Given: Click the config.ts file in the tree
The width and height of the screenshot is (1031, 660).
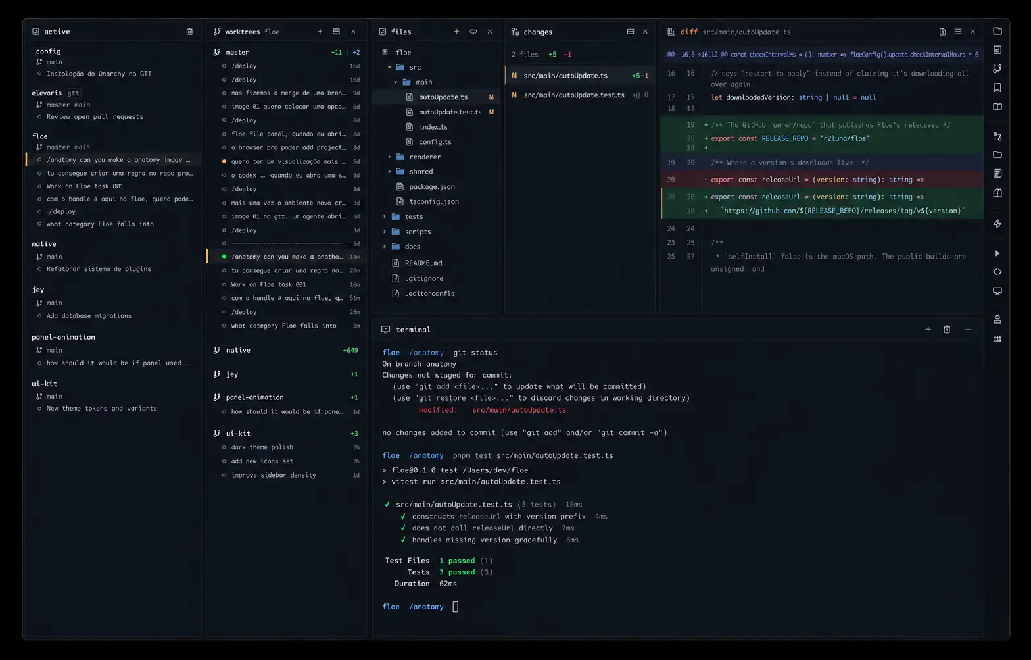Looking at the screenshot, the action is (x=435, y=142).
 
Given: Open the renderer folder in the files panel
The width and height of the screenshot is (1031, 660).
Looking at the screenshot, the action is (x=424, y=157).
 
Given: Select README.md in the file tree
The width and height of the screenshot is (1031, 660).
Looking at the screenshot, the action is (x=423, y=263).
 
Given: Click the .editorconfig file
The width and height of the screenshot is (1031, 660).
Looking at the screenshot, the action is (x=429, y=293).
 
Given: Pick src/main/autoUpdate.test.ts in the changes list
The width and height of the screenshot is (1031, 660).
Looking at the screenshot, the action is (x=574, y=95).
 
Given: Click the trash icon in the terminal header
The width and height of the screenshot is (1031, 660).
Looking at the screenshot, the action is (x=946, y=329).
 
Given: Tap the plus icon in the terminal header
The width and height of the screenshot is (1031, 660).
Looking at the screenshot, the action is (x=928, y=329).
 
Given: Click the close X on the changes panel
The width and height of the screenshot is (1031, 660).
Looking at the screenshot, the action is (x=645, y=32).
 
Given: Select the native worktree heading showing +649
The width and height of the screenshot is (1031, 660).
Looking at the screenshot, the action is (x=238, y=350).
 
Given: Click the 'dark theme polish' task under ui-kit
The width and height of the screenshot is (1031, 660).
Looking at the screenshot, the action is (x=262, y=447).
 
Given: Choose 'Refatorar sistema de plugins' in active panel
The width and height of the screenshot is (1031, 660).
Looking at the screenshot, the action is (x=99, y=269).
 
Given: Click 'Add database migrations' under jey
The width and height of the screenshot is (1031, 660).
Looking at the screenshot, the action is (x=89, y=315).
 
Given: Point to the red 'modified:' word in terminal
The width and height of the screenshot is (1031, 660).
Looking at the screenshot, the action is (x=438, y=410).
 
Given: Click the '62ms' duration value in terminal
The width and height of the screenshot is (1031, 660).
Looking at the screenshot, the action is (x=448, y=584).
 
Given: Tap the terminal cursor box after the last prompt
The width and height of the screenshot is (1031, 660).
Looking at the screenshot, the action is (x=455, y=607).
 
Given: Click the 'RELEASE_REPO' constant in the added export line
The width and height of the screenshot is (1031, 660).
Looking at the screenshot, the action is (x=785, y=138).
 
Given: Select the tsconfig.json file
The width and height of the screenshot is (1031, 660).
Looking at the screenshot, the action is (x=433, y=201).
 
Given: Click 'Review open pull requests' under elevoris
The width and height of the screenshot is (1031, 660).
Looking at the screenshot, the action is (x=95, y=117).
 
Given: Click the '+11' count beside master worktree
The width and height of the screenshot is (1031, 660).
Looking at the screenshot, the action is (x=336, y=52).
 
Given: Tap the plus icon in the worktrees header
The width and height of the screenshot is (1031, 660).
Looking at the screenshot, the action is (x=320, y=32).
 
